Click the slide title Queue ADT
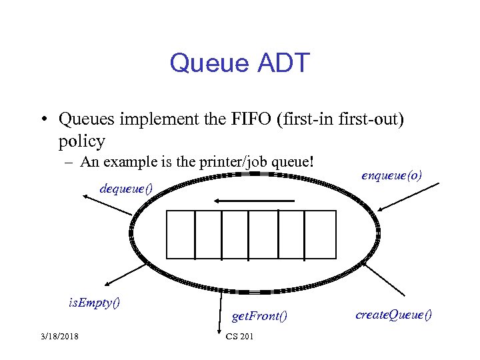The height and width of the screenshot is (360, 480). tap(239, 63)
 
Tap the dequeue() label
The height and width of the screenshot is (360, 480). tap(125, 188)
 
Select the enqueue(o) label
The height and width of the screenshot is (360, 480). tap(391, 175)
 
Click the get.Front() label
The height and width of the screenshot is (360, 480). tap(259, 315)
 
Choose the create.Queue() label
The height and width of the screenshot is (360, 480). tap(393, 313)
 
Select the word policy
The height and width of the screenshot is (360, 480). tap(81, 141)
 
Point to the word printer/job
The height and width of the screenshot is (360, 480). tap(241, 162)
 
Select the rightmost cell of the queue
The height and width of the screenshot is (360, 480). tap(320, 234)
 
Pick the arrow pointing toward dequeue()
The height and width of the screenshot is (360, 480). tap(107, 205)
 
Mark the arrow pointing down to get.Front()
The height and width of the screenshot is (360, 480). tap(219, 313)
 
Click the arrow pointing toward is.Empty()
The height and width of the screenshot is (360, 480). tap(120, 272)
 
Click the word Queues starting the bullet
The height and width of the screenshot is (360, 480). tap(82, 119)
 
